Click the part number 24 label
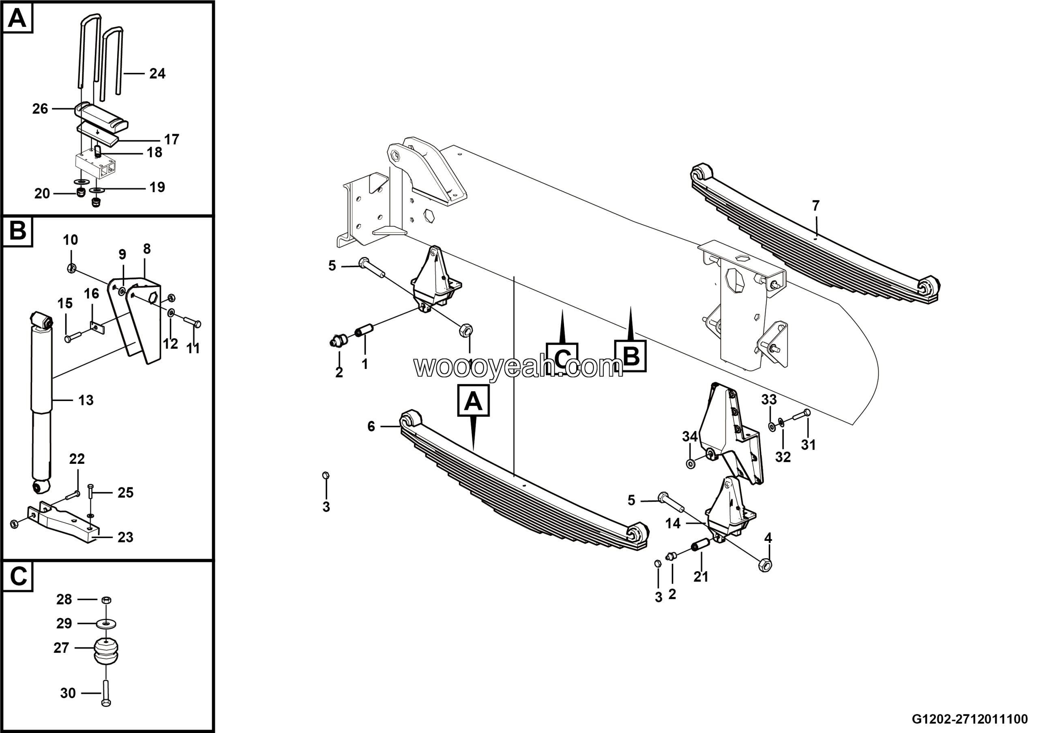click(x=157, y=74)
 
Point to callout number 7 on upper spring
click(x=815, y=206)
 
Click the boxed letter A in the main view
click(x=473, y=401)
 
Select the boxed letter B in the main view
click(x=631, y=356)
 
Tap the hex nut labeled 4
click(x=765, y=564)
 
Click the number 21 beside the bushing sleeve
click(x=701, y=577)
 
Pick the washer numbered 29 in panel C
click(x=106, y=624)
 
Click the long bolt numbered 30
click(x=106, y=689)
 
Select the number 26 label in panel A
click(x=40, y=109)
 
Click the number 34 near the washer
click(x=690, y=437)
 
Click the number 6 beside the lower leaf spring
click(x=371, y=426)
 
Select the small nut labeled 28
click(x=105, y=600)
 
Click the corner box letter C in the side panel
click(x=18, y=577)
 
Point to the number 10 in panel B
click(x=70, y=240)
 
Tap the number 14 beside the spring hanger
click(x=673, y=523)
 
